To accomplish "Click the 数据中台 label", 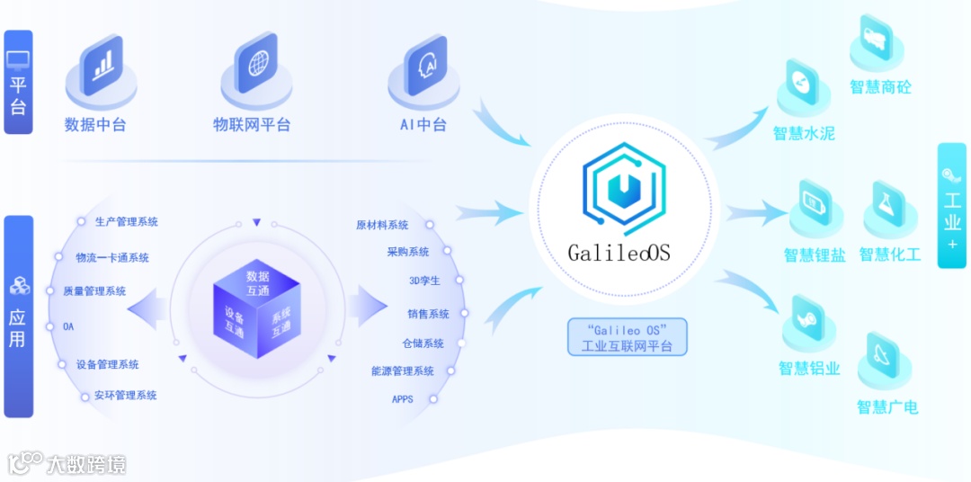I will (x=95, y=125).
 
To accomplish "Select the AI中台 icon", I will (x=424, y=67).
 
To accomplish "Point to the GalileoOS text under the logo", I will (x=619, y=253).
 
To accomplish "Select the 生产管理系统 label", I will (x=126, y=222).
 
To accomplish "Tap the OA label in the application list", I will (x=68, y=326).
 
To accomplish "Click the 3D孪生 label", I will (x=424, y=281).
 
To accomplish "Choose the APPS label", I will (x=403, y=398).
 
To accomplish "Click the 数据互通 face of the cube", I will (x=257, y=283).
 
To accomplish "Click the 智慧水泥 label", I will (x=804, y=134).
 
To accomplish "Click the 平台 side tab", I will (x=18, y=83).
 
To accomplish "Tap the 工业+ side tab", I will (x=952, y=206).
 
